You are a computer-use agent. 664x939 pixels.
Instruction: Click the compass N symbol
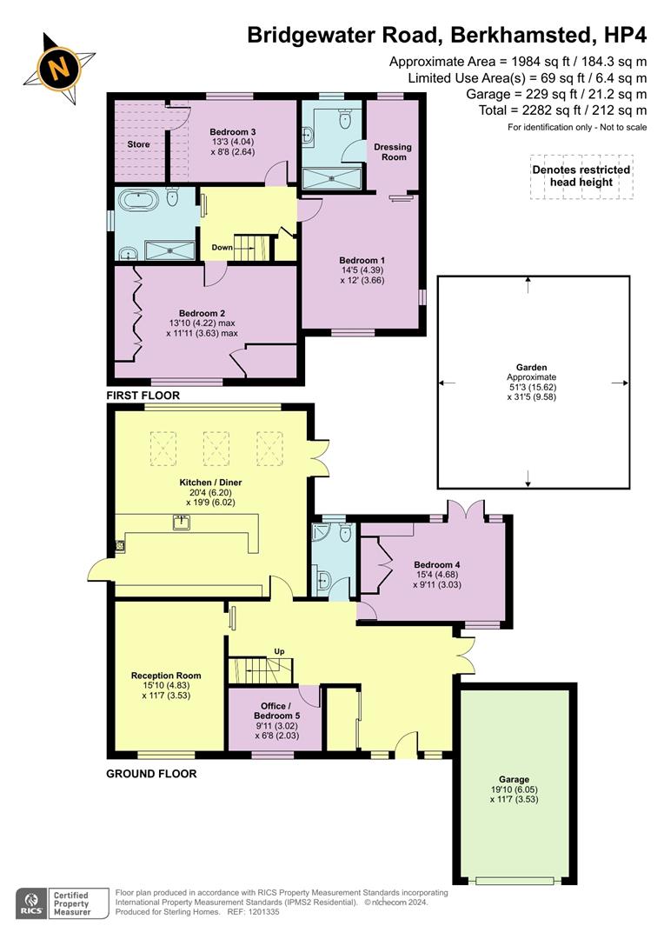tap(59, 66)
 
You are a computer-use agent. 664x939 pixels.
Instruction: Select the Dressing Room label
tap(392, 152)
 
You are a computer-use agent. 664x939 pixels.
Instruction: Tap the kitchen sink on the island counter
tap(182, 523)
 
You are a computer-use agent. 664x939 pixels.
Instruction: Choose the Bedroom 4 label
tap(437, 564)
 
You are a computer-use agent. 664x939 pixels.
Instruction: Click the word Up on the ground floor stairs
tap(279, 651)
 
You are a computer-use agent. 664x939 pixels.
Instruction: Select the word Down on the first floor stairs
tap(222, 248)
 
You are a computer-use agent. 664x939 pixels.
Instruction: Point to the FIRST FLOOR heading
tap(143, 396)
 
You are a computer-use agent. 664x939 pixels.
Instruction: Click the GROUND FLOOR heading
tap(151, 773)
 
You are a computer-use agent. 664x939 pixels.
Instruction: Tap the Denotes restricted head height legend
tap(581, 176)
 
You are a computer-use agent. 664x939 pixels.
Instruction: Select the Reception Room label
tap(166, 676)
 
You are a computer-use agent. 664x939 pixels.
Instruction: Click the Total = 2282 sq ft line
tap(563, 110)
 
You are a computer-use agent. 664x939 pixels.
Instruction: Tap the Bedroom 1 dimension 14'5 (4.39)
tap(362, 270)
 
